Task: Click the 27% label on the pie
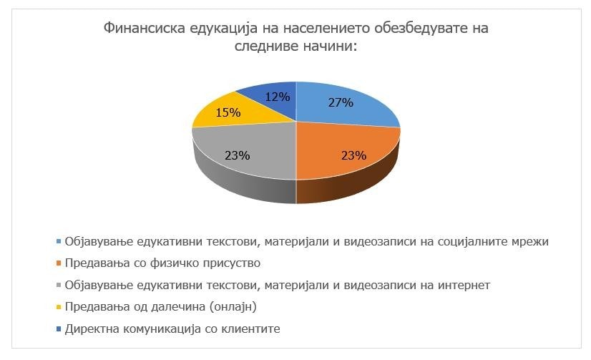341,102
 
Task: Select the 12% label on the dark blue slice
278,97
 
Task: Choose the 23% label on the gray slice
238,155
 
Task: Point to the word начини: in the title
331,46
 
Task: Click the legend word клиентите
252,330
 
